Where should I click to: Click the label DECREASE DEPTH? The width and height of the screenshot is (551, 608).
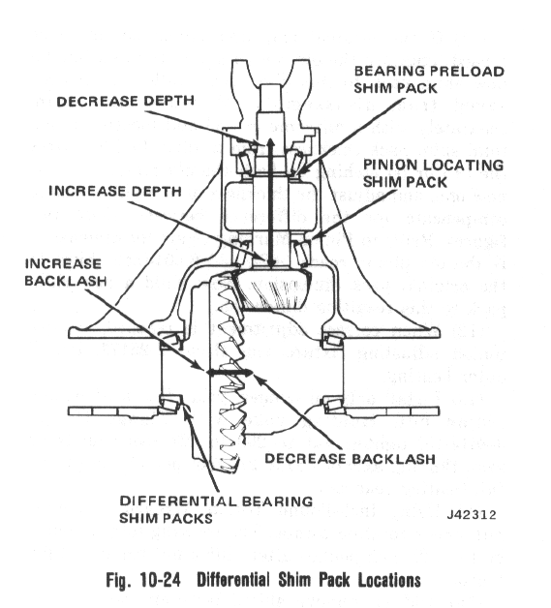(x=125, y=102)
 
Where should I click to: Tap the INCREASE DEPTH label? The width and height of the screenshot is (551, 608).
(x=115, y=191)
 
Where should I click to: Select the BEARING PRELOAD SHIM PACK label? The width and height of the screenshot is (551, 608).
(x=429, y=79)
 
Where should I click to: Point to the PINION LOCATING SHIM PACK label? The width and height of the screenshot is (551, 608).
(x=433, y=173)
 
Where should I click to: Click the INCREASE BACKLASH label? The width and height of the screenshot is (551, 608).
(x=66, y=272)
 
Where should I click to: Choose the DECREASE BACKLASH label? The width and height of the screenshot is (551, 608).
(x=350, y=459)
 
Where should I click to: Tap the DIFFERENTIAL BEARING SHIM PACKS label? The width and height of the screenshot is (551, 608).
(x=216, y=509)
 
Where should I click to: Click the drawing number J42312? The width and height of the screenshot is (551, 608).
(x=472, y=514)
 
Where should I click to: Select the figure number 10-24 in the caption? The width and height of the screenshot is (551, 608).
(x=161, y=580)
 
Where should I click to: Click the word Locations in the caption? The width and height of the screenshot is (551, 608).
(x=389, y=580)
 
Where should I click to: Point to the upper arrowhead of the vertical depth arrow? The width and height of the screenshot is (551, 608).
(x=270, y=142)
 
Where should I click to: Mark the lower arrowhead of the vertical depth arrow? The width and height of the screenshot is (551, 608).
(x=270, y=263)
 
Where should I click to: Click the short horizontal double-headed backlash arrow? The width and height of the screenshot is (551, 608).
(x=230, y=372)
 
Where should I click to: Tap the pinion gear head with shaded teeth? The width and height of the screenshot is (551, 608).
(x=273, y=289)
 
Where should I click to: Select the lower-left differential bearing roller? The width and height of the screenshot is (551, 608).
(x=171, y=404)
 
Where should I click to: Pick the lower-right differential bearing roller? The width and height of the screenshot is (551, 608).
(x=333, y=405)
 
